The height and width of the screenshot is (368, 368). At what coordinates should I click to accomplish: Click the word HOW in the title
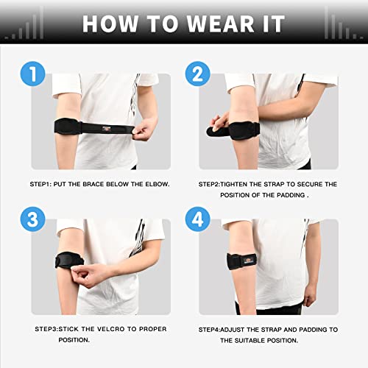[107, 23]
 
